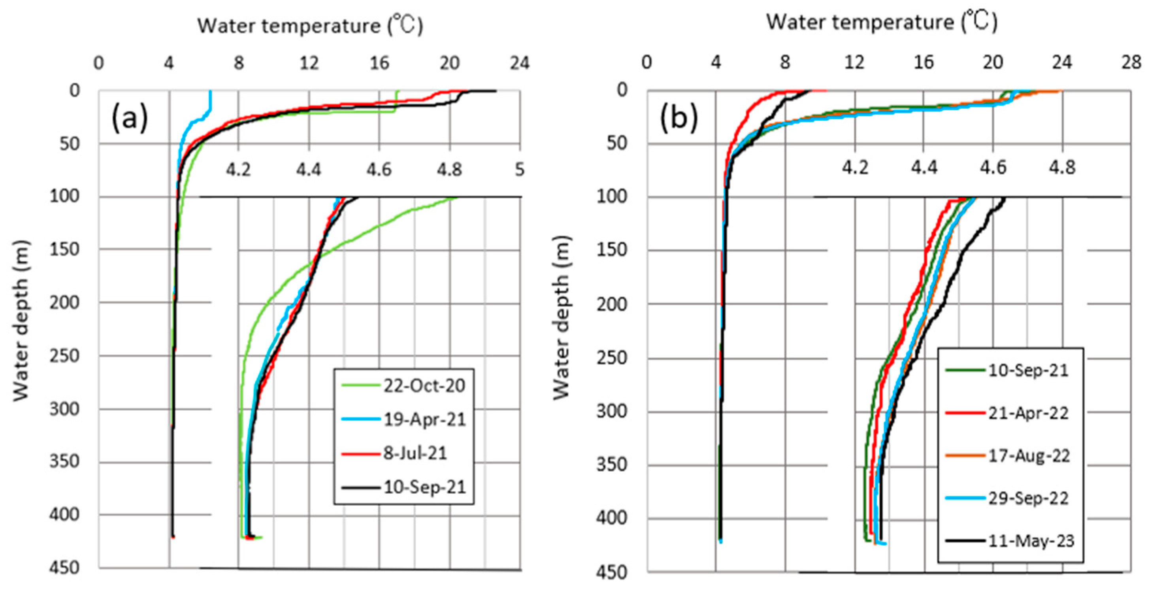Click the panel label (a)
[x=130, y=117]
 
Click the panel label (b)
[x=678, y=117]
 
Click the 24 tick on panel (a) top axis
[x=520, y=63]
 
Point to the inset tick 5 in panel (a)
[x=519, y=170]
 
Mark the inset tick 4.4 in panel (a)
[x=309, y=170]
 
